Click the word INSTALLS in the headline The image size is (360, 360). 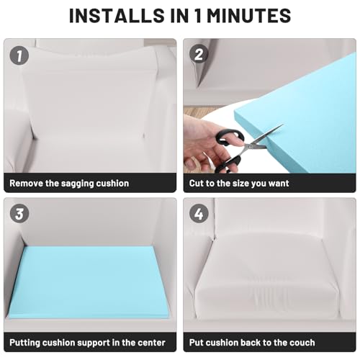click(x=117, y=16)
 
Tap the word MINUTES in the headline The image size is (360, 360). click(x=249, y=16)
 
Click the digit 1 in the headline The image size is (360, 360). click(x=198, y=16)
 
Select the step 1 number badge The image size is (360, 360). click(x=19, y=55)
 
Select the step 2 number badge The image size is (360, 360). click(x=199, y=54)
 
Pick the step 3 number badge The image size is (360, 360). click(x=19, y=213)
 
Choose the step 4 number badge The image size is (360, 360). click(x=199, y=213)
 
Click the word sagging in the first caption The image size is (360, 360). click(x=77, y=184)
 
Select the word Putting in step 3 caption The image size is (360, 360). click(x=25, y=343)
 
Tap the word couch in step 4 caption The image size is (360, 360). click(x=302, y=343)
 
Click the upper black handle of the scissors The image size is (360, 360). click(x=230, y=138)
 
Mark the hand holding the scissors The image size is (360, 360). click(x=207, y=144)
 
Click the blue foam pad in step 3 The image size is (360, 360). click(x=89, y=282)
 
